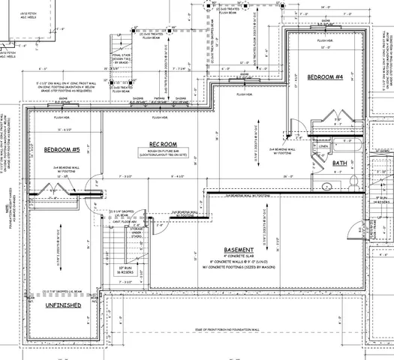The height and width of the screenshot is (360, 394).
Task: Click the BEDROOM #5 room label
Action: tap(62, 149)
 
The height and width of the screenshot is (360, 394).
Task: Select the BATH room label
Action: tap(340, 162)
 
